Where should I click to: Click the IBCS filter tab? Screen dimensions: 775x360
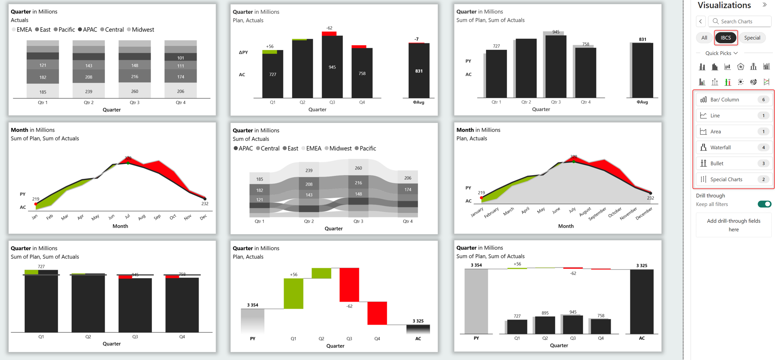(726, 38)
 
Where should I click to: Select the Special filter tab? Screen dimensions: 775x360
(752, 38)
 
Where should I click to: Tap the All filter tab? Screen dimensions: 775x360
(704, 38)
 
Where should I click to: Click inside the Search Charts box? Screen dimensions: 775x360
(740, 22)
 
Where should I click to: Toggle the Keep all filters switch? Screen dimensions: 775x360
(764, 204)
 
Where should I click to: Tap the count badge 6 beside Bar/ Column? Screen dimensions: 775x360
(763, 99)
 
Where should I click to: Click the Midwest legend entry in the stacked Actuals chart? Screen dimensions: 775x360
(141, 30)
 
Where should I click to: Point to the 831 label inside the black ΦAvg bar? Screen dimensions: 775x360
(419, 71)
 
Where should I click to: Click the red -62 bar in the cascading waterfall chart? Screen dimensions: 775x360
(349, 285)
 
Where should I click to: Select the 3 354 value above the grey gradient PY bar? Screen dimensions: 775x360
(253, 305)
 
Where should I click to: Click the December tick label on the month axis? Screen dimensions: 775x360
(644, 213)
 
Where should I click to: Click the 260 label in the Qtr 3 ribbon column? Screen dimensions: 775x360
(358, 168)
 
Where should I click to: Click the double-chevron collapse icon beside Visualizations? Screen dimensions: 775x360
(765, 5)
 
